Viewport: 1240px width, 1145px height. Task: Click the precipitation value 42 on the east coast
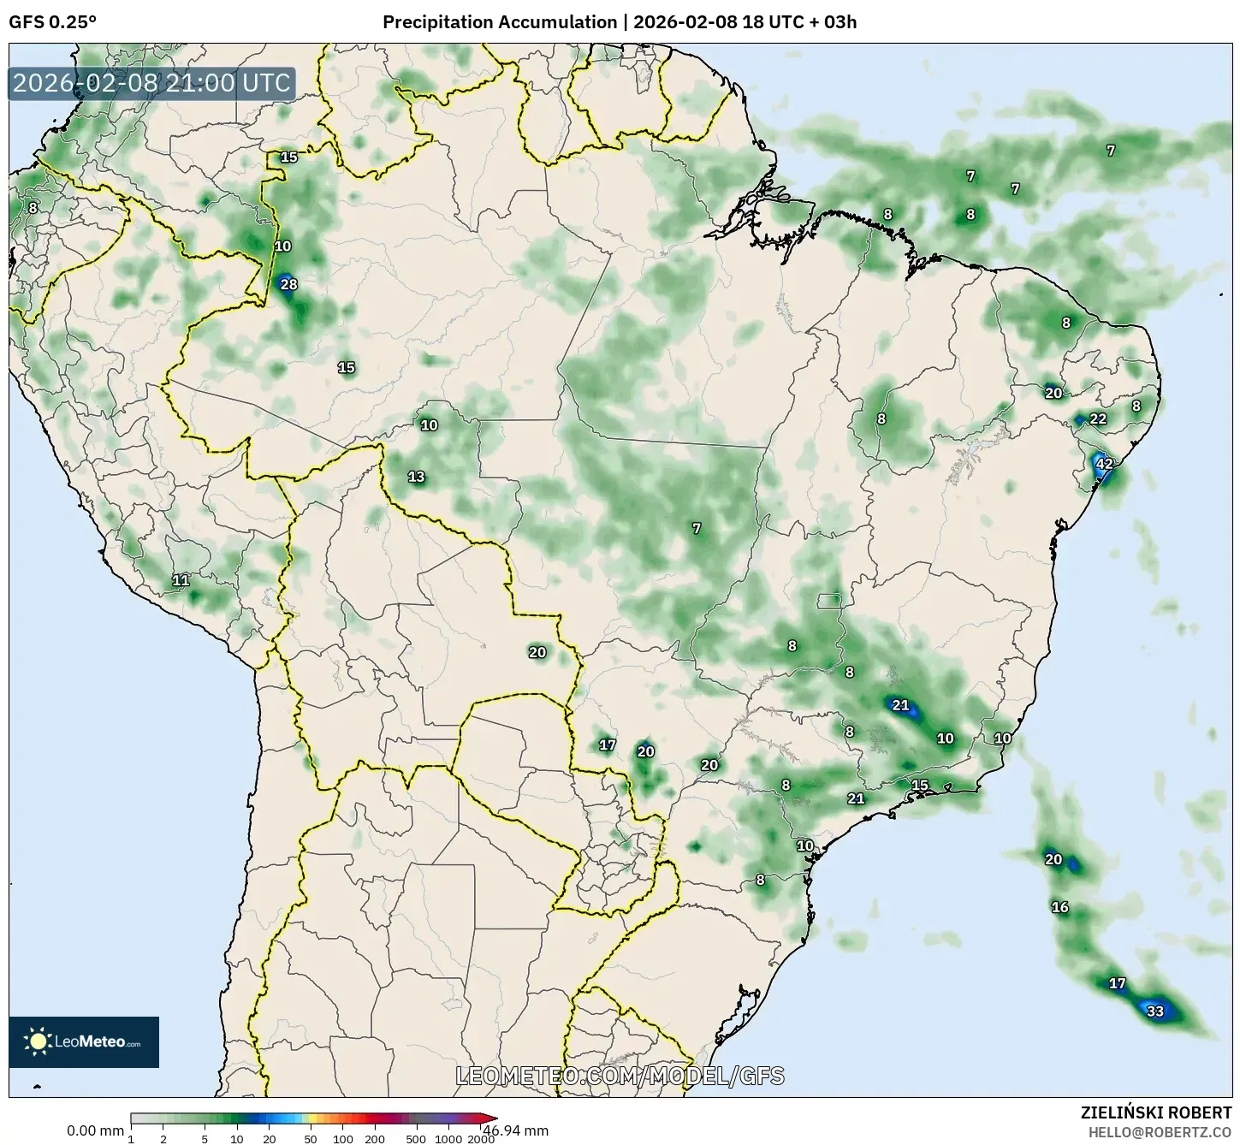pos(1104,464)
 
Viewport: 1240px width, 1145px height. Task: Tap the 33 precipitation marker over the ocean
pos(1155,1011)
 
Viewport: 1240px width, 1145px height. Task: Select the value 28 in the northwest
pos(288,284)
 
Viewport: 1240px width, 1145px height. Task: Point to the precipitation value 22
pos(1098,418)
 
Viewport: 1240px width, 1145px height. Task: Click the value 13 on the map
pos(416,477)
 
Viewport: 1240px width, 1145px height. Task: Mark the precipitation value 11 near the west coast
pos(181,580)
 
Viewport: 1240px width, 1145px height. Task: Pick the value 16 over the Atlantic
pos(1059,907)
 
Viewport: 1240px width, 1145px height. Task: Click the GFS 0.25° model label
pos(52,22)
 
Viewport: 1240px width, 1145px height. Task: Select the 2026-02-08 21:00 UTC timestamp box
pos(151,83)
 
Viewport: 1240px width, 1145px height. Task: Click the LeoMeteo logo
pos(84,1041)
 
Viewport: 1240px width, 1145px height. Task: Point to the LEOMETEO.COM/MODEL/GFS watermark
pos(620,1076)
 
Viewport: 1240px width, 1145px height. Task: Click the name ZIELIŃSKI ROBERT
pos(1156,1112)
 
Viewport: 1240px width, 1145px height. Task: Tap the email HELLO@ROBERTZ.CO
pos(1160,1131)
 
